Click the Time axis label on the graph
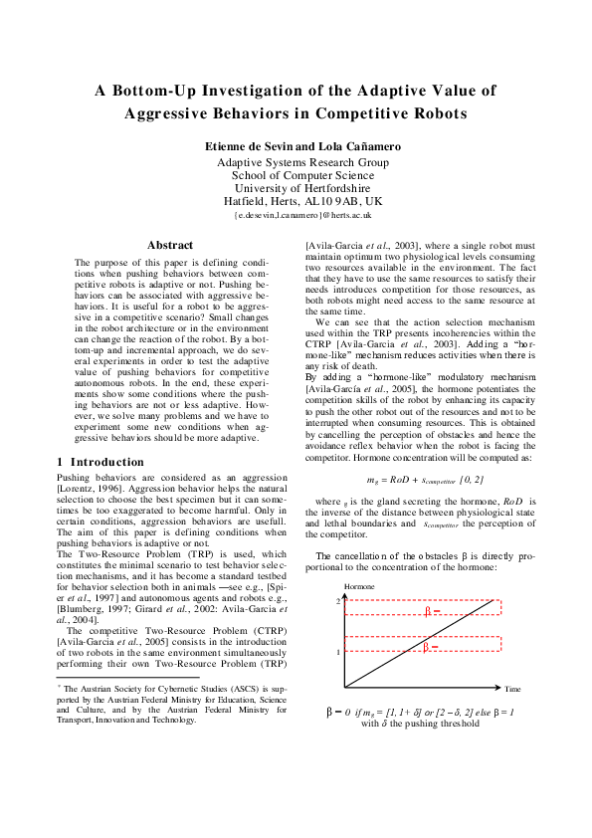tap(512, 689)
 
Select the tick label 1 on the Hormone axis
tap(338, 652)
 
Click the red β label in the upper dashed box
tap(429, 611)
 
